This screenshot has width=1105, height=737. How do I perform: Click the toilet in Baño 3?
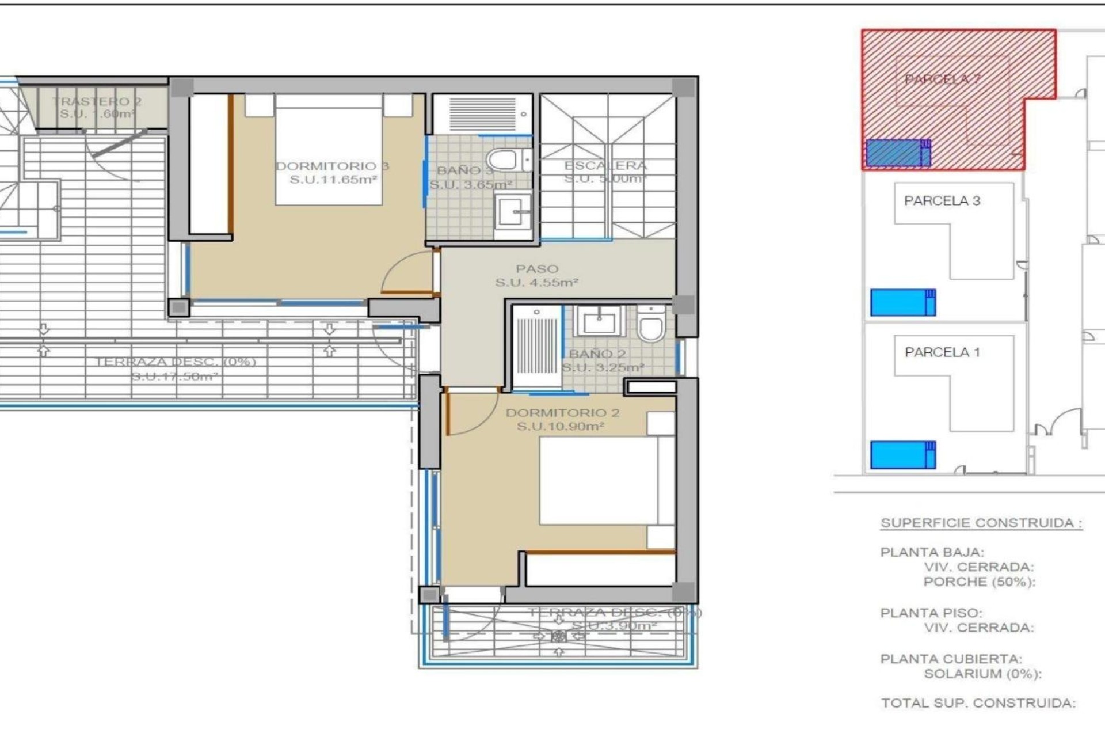pos(506,159)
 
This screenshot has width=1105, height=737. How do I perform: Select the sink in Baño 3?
pos(512,211)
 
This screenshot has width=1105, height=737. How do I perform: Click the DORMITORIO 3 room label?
pos(333,173)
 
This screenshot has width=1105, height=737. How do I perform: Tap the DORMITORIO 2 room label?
pos(562,420)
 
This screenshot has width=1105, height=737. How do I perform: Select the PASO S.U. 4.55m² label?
pos(536,276)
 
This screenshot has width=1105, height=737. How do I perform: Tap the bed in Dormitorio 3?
pos(329,150)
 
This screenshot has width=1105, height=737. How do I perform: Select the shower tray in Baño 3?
pos(482,113)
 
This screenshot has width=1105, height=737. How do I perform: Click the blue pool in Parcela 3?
pos(902,303)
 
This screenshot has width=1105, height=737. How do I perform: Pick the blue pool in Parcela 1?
pos(902,455)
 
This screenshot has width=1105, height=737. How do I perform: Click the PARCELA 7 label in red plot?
pos(942,79)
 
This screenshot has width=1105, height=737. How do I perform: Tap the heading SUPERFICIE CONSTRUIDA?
pos(981,523)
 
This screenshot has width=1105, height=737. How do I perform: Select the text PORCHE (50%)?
pos(979,582)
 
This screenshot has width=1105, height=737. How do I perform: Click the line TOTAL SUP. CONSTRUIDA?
pos(978,703)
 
